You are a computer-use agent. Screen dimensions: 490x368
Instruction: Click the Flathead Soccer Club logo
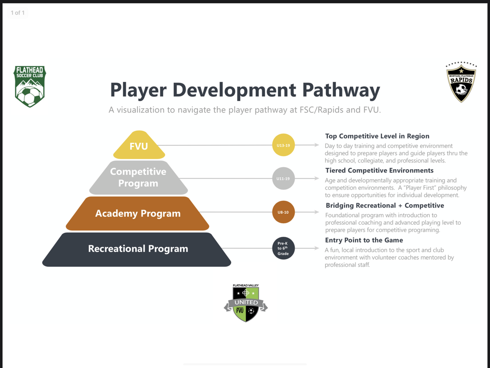[30, 86]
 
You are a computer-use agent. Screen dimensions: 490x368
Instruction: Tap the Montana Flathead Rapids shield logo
[461, 82]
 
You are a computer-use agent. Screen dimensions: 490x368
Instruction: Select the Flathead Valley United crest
[245, 303]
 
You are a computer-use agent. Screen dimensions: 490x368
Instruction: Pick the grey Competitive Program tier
[138, 177]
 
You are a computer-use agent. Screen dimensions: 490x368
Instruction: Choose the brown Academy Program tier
[137, 213]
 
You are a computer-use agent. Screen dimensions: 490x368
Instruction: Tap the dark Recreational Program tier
[137, 249]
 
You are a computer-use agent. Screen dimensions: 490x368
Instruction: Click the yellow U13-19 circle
[283, 145]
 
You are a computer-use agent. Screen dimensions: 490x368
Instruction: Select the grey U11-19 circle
[283, 178]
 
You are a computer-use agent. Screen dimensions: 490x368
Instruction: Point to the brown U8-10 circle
[283, 212]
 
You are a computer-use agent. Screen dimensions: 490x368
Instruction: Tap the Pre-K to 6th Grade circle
[283, 248]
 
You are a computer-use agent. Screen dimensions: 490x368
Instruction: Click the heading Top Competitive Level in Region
[377, 136]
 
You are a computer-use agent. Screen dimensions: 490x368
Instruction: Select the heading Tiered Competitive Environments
[379, 171]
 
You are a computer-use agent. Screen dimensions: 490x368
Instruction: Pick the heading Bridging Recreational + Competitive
[385, 206]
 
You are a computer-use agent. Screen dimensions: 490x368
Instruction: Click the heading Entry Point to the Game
[364, 240]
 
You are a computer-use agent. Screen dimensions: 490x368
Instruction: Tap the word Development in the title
[234, 91]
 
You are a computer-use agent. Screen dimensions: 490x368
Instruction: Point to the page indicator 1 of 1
[18, 13]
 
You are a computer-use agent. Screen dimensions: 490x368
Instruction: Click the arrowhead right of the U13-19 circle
[317, 145]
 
